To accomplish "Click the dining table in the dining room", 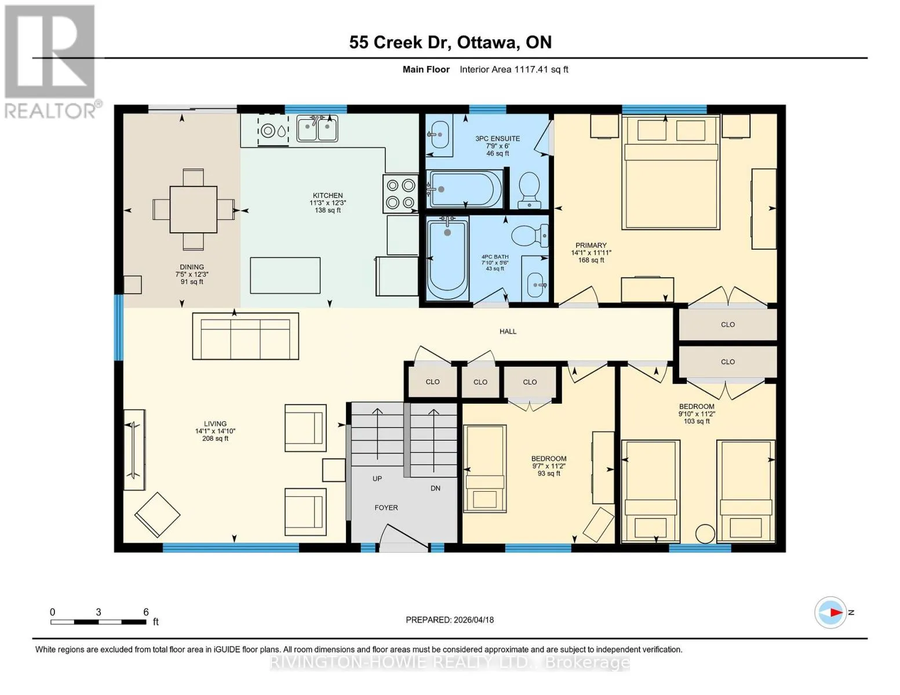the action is (193, 210).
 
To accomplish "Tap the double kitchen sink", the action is (317, 129).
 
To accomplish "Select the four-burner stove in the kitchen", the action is (400, 193).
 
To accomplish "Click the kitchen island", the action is (285, 276).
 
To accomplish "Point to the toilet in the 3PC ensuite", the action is (529, 190).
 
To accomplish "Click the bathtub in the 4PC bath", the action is (448, 258).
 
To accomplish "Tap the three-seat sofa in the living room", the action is (246, 336).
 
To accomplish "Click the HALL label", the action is (508, 331).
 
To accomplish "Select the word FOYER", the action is (386, 508).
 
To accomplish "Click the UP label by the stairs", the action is (377, 479).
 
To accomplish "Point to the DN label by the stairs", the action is (435, 488).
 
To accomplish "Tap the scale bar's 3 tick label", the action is (98, 612).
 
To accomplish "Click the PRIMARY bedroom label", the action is (591, 246).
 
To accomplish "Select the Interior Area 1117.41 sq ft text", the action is (514, 69).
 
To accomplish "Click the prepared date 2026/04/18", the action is (474, 620).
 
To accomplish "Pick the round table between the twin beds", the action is (705, 534).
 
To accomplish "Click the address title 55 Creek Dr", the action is (400, 42).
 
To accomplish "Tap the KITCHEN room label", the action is (327, 195).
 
